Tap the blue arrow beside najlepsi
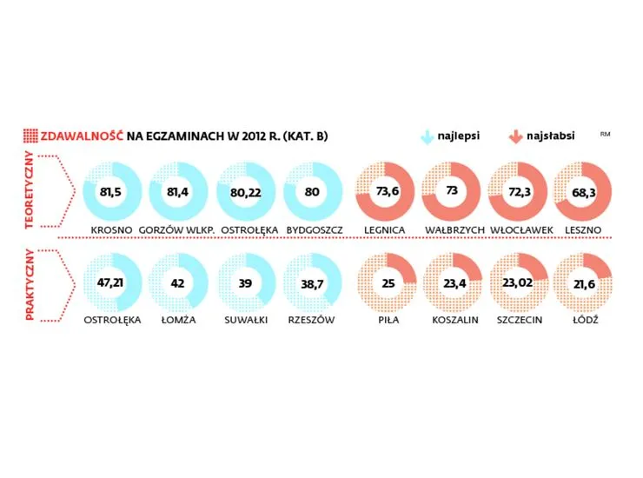[427, 136]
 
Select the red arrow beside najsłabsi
[515, 136]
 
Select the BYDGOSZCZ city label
[315, 229]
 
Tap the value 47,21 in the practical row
[111, 282]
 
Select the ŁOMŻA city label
[179, 320]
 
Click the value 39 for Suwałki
[247, 282]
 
